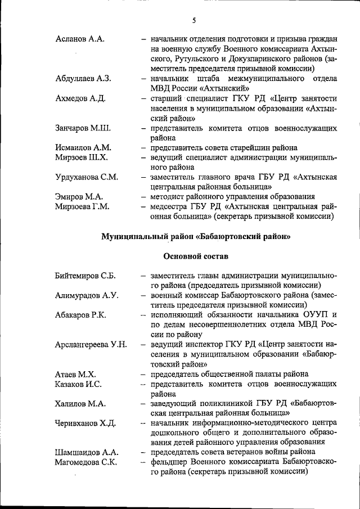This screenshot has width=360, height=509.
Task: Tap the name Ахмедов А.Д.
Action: pos(80,98)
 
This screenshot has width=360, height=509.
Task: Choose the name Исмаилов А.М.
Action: pos(83,147)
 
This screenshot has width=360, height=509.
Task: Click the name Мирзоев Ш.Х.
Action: pos(82,157)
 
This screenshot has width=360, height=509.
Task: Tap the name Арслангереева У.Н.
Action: pos(91,344)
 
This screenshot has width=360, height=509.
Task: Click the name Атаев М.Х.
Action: pos(75,374)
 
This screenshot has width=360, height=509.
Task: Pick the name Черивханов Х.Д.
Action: pos(85,423)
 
